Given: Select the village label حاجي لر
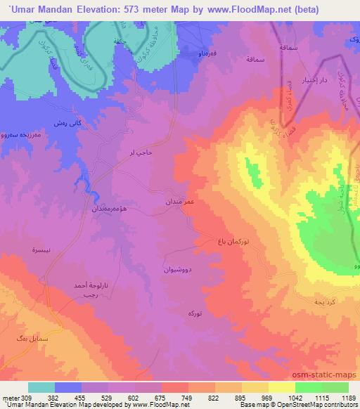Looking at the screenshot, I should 141,151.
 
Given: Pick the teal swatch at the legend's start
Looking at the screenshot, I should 41,387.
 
